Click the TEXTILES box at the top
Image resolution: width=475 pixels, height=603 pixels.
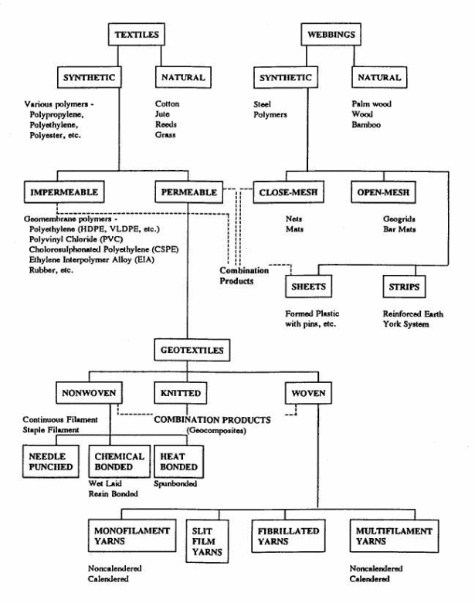(x=136, y=36)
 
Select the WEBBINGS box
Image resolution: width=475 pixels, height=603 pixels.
(x=327, y=36)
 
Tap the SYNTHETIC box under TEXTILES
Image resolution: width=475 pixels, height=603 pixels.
(x=87, y=78)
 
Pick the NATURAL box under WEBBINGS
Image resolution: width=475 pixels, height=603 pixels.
(x=378, y=78)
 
